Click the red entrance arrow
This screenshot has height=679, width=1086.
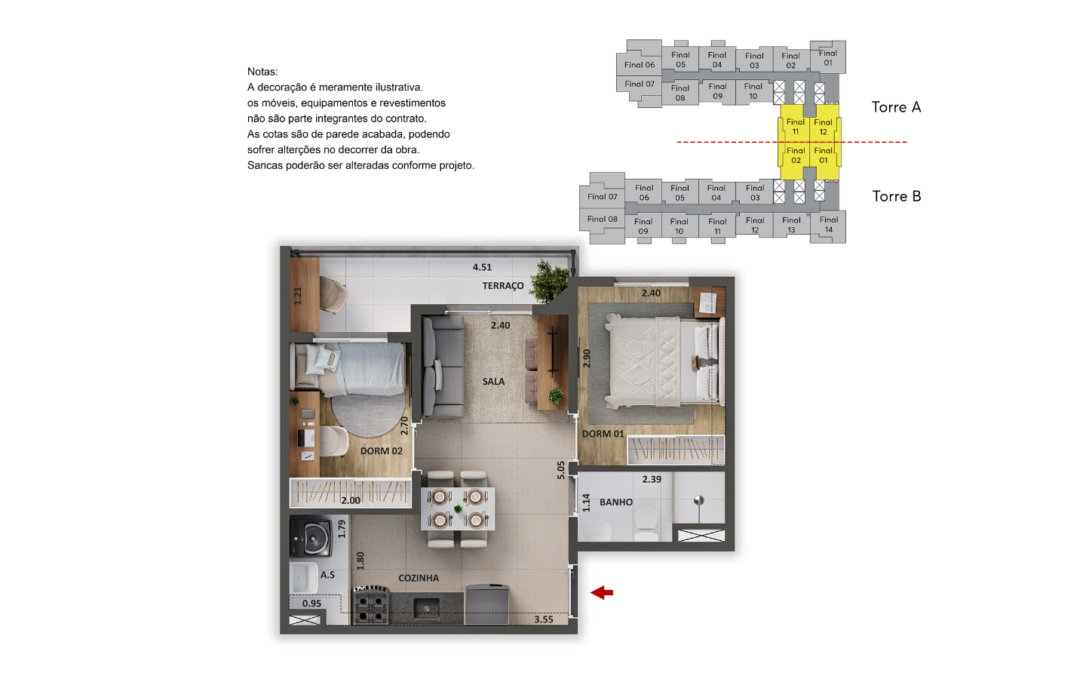click(602, 592)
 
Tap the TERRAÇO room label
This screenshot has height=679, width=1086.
click(503, 286)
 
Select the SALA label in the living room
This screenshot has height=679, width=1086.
click(493, 382)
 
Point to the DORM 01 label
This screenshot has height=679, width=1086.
click(603, 434)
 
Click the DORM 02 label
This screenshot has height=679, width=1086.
click(381, 451)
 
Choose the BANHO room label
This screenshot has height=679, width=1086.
click(615, 502)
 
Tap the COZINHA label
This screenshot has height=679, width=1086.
click(419, 578)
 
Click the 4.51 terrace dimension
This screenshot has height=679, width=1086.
click(482, 267)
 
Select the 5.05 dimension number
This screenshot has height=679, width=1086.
click(560, 470)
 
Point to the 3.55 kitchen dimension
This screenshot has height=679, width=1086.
click(544, 619)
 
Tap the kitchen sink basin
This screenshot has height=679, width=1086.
click(426, 608)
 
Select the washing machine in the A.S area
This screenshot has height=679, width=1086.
click(311, 538)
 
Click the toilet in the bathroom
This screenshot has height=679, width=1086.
click(646, 523)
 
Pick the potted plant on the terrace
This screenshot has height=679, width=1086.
click(550, 281)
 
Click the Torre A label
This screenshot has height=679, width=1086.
click(896, 107)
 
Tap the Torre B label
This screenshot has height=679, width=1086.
click(897, 196)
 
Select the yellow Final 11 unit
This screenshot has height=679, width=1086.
click(795, 127)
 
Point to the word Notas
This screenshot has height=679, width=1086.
click(262, 72)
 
